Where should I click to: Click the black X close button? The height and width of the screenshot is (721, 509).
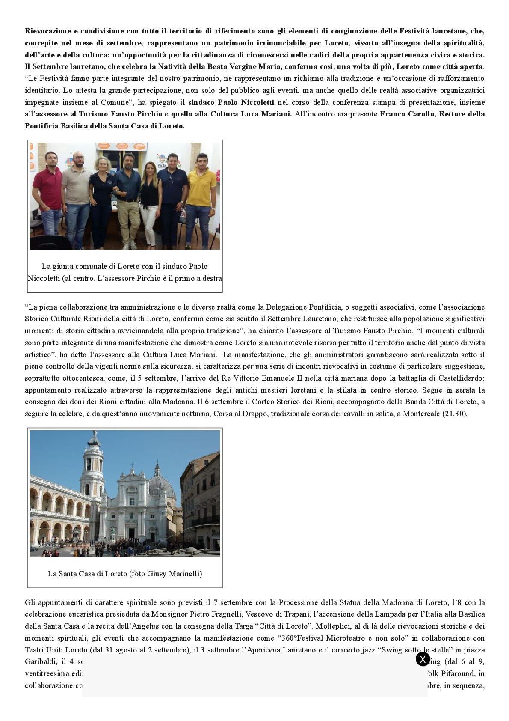click(x=423, y=659)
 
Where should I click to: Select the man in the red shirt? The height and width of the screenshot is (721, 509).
click(x=48, y=188)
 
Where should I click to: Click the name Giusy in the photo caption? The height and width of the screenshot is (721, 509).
click(x=157, y=574)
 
